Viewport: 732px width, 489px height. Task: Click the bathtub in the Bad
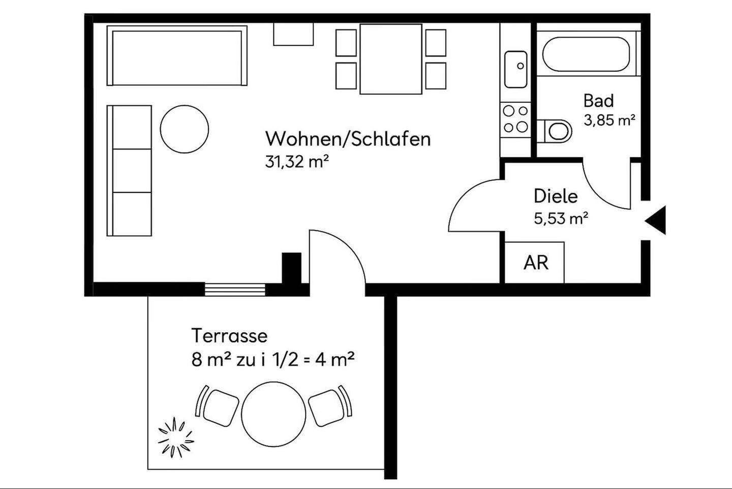[586, 54]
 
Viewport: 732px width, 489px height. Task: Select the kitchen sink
[515, 69]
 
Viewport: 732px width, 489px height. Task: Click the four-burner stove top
[515, 119]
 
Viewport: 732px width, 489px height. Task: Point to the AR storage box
[535, 263]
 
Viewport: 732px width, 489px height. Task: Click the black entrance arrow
[657, 220]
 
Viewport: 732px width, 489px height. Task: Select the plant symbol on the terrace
[176, 437]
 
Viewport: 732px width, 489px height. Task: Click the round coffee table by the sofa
[184, 129]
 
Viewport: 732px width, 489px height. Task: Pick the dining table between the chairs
[390, 59]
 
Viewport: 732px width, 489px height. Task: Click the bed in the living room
[177, 56]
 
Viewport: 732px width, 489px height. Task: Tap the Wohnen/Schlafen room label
[348, 139]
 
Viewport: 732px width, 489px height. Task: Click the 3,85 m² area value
[609, 121]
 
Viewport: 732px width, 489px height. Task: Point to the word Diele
[555, 196]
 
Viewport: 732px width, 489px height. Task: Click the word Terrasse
[229, 336]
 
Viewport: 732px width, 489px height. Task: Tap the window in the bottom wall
[235, 289]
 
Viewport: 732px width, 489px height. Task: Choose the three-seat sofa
[130, 171]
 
